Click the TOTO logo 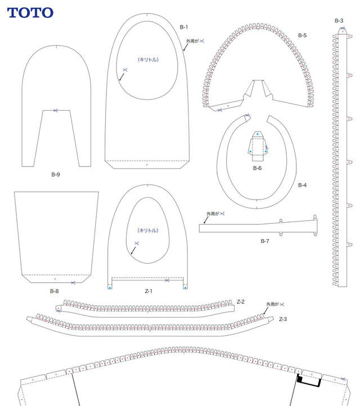[30, 13]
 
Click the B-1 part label [183, 27]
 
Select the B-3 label [339, 21]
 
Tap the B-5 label [302, 35]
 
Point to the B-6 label [257, 168]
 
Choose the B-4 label [302, 185]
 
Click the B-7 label [265, 241]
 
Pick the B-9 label [56, 174]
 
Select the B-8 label [55, 291]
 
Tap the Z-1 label [148, 291]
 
